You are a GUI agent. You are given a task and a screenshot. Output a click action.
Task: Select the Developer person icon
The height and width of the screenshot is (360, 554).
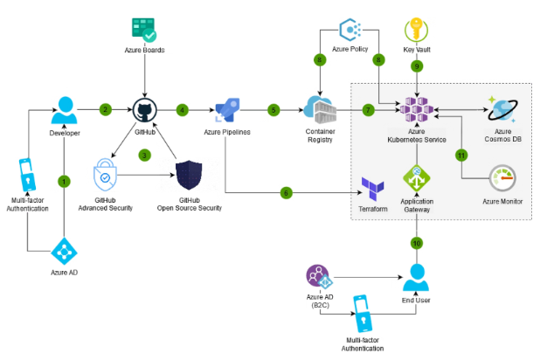(x=64, y=107)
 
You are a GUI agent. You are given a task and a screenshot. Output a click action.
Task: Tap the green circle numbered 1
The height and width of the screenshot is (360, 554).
(x=64, y=181)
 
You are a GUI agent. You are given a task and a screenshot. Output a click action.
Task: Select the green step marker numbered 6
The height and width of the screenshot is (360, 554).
(x=286, y=192)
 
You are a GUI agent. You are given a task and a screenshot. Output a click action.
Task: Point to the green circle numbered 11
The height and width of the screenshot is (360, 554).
(x=461, y=155)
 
